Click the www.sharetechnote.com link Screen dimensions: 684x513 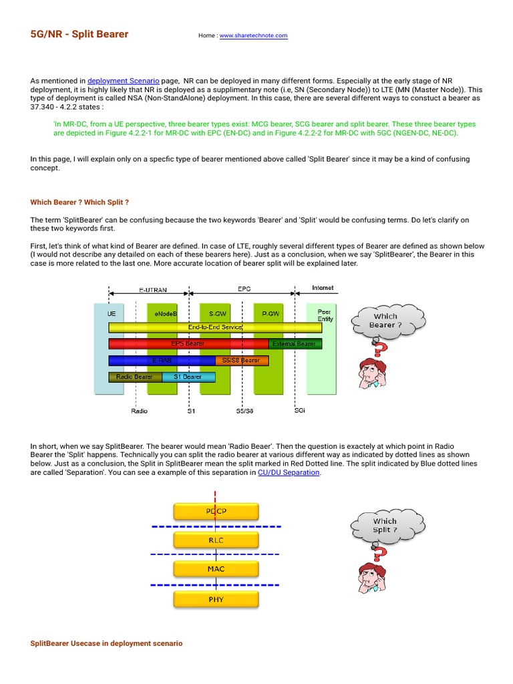click(x=253, y=35)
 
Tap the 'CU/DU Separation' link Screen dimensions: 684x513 click(x=289, y=472)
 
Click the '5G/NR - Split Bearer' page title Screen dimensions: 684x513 click(x=79, y=34)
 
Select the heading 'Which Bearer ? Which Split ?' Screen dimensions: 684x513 click(x=79, y=202)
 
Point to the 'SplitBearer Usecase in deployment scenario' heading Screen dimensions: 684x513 click(x=106, y=643)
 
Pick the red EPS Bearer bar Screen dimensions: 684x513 click(x=188, y=344)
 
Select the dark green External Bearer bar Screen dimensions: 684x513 click(x=295, y=344)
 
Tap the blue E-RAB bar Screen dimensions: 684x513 click(x=162, y=361)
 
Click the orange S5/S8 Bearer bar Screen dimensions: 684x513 click(x=242, y=361)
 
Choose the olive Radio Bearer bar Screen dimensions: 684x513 click(x=135, y=377)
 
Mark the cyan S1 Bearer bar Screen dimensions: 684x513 click(x=188, y=377)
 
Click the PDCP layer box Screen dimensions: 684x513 click(x=216, y=512)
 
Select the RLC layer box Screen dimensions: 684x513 click(x=216, y=540)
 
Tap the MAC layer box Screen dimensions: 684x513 click(x=216, y=569)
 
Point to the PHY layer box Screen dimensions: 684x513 click(x=216, y=599)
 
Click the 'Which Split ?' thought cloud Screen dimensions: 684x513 click(x=385, y=525)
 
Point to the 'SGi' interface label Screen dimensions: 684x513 click(x=300, y=411)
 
